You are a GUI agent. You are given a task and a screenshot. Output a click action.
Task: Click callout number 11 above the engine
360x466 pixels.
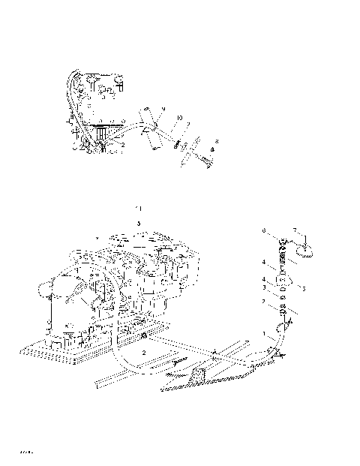pos(137,206)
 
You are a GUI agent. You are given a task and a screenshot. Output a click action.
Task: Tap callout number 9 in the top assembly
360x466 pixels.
pos(163,110)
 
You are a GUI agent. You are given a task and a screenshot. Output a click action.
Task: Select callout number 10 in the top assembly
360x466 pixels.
pos(179,119)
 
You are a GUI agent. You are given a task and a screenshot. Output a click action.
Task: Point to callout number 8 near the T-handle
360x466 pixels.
pos(217,140)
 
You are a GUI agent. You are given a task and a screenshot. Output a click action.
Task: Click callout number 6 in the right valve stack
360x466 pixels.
pos(264,231)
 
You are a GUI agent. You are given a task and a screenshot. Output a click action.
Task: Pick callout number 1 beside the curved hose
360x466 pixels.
pos(263,332)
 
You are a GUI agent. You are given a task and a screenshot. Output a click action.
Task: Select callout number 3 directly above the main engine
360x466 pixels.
pos(138,223)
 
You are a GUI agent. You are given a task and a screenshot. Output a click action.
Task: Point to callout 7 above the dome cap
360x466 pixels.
pos(295,230)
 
